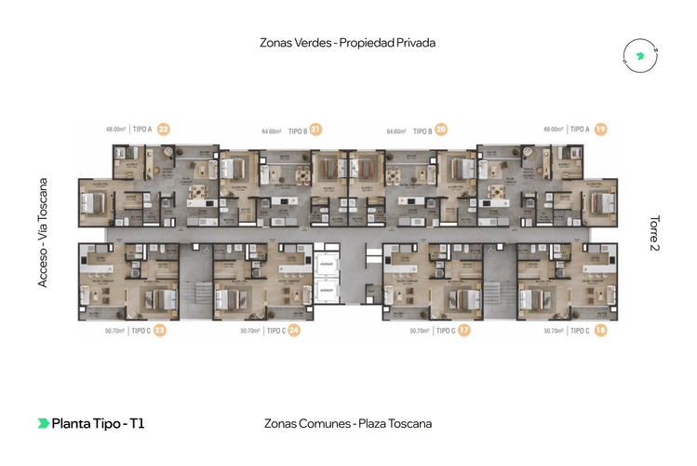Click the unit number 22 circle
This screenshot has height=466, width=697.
pyautogui.click(x=164, y=129)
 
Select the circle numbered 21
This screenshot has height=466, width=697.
pyautogui.click(x=316, y=130)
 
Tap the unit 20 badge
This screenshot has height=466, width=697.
pyautogui.click(x=441, y=130)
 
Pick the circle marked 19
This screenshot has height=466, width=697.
pyautogui.click(x=600, y=129)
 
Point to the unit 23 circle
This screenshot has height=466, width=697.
pyautogui.click(x=160, y=329)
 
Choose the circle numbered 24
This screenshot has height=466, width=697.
pyautogui.click(x=294, y=329)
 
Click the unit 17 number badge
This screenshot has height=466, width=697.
pyautogui.click(x=463, y=329)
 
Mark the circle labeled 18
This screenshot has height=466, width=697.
pyautogui.click(x=600, y=329)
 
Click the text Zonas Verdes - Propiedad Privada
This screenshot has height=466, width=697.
pyautogui.click(x=349, y=43)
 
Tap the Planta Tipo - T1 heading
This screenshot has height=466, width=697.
pyautogui.click(x=98, y=423)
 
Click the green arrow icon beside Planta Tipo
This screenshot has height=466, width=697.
pyautogui.click(x=43, y=423)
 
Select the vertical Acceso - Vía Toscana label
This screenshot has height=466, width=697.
pyautogui.click(x=43, y=232)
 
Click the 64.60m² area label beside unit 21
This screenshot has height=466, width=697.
pyautogui.click(x=272, y=131)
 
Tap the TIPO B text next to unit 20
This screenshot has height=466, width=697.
pyautogui.click(x=422, y=131)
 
